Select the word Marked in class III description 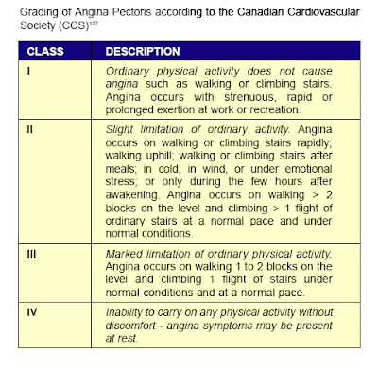(129, 252)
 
